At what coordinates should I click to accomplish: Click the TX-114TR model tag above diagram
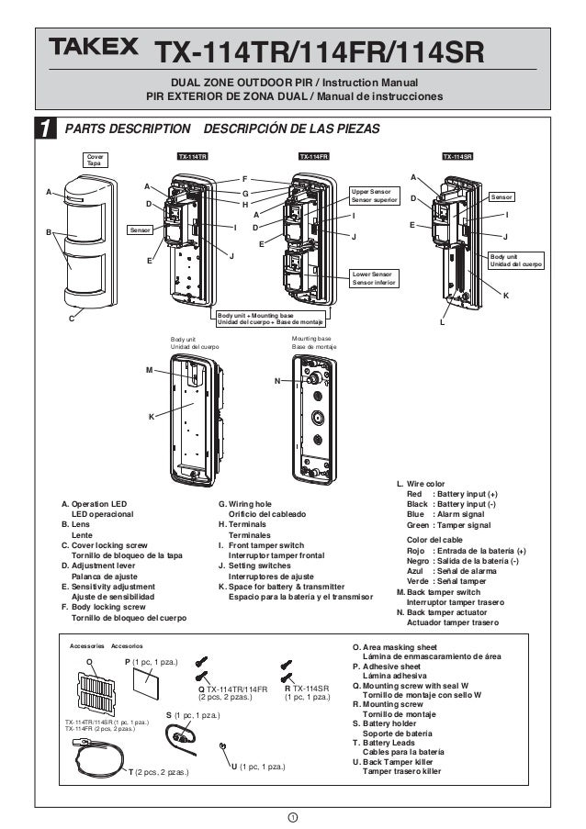point(193,157)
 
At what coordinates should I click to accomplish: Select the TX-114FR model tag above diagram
point(314,157)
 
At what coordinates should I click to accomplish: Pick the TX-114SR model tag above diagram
point(456,157)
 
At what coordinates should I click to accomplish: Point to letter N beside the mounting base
point(276,381)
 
